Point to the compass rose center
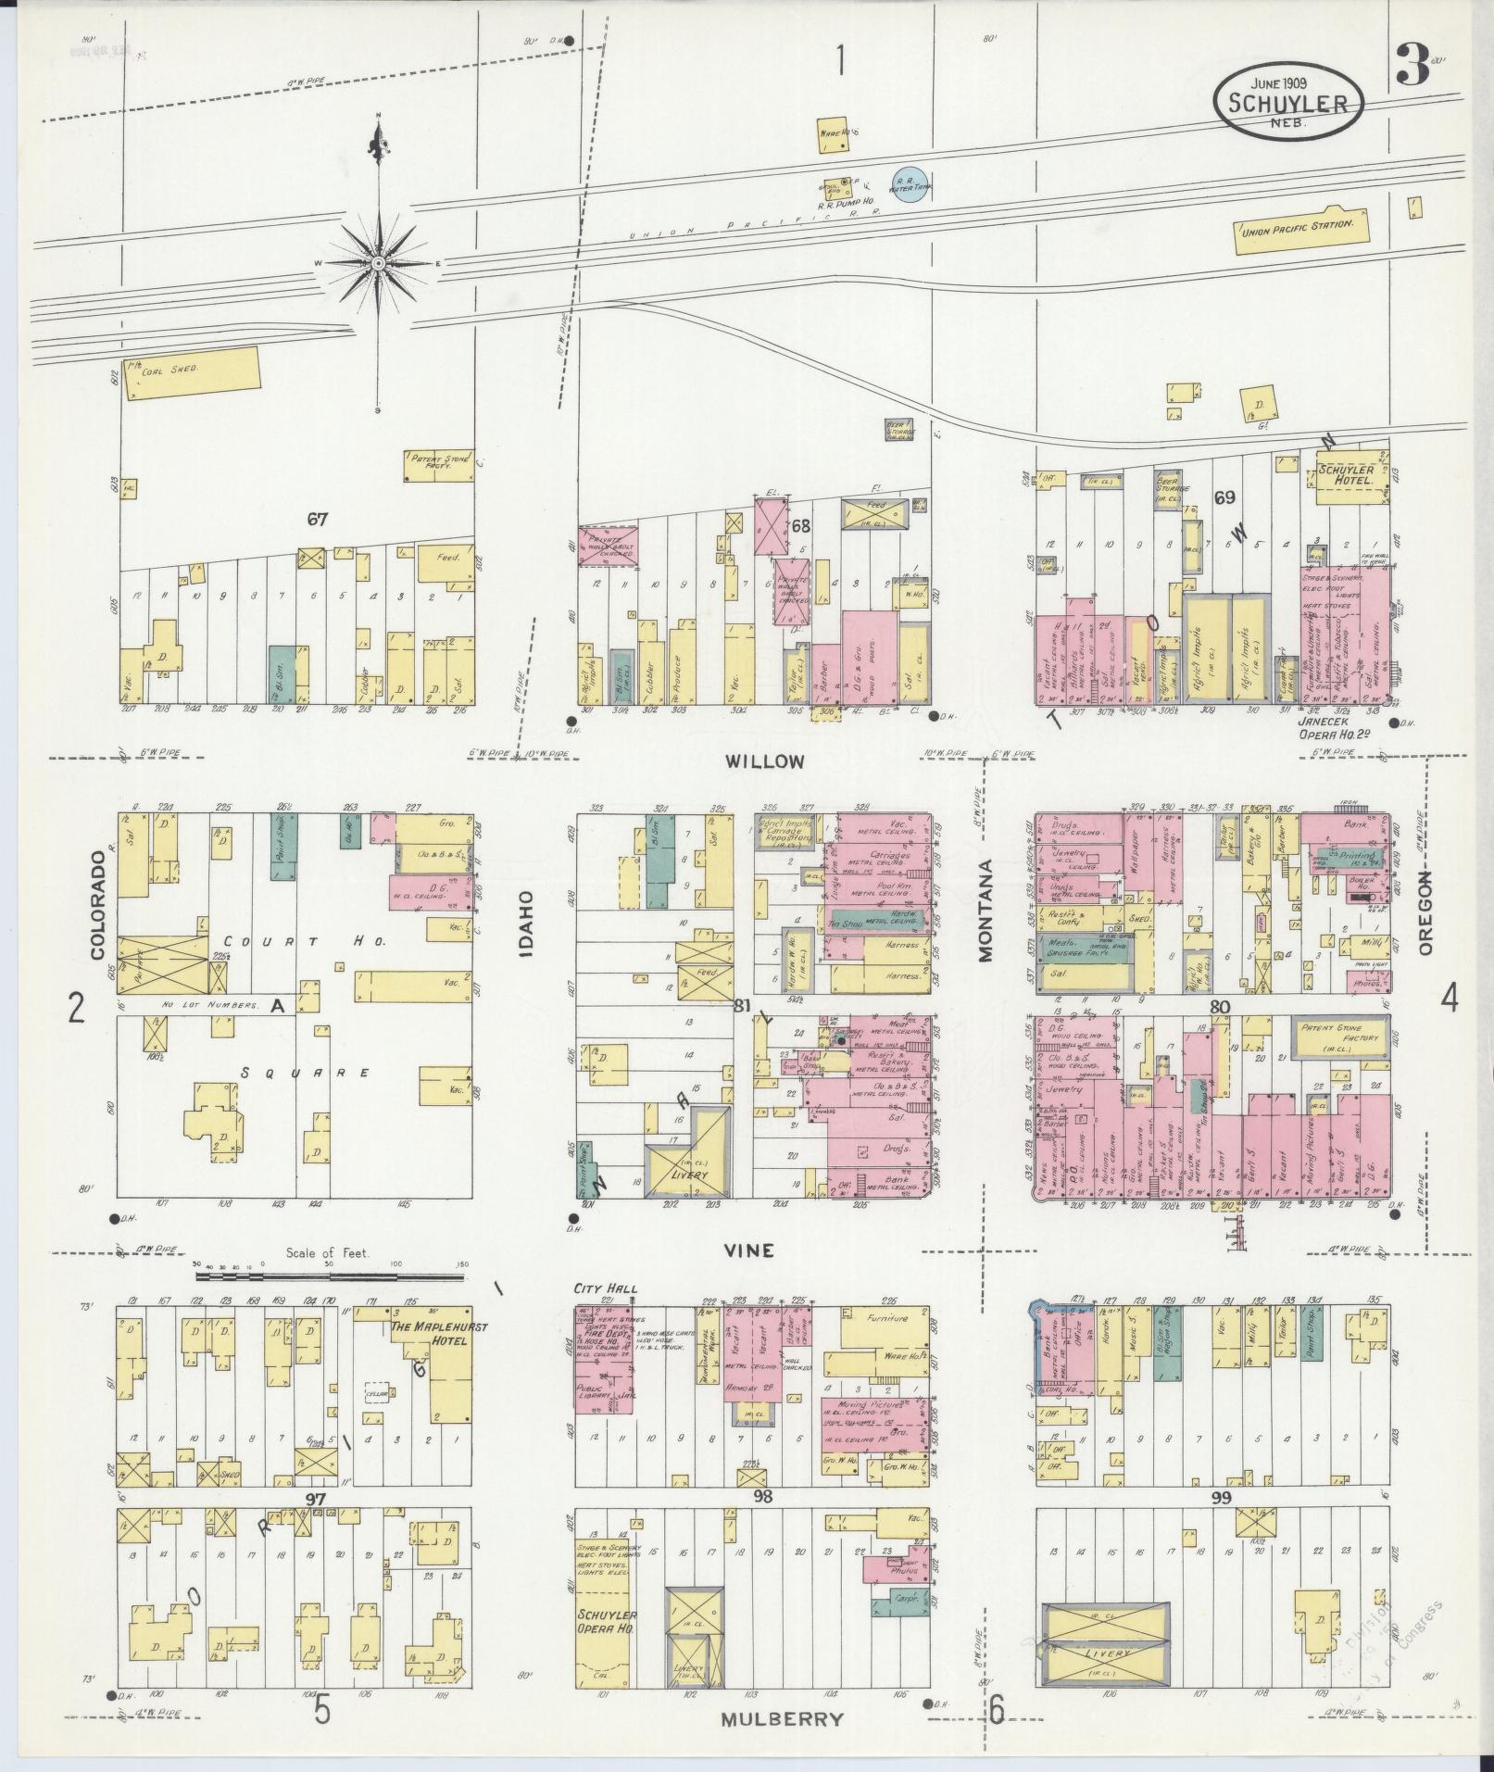click(x=378, y=264)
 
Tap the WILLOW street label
click(x=764, y=761)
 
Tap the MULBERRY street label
click(x=783, y=1718)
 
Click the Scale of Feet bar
click(x=329, y=1277)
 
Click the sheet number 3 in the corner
click(x=1410, y=69)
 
